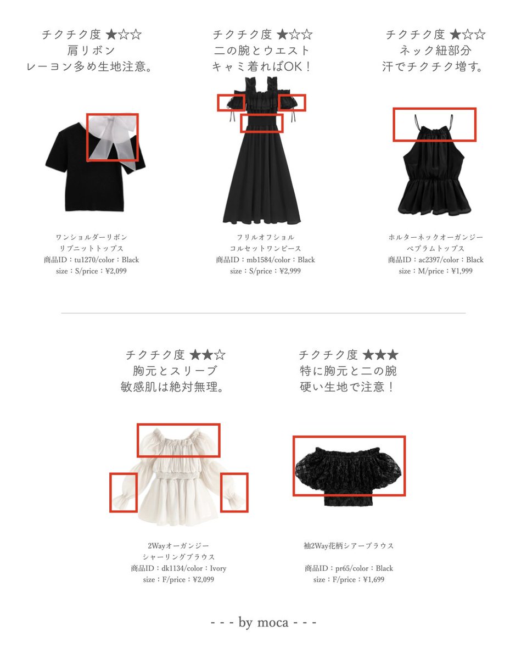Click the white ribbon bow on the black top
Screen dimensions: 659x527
pyautogui.click(x=113, y=137)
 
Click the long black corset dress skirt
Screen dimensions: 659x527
pyautogui.click(x=262, y=181)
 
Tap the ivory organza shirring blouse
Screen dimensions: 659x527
pyautogui.click(x=178, y=483)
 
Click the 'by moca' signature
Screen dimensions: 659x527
pyautogui.click(x=263, y=623)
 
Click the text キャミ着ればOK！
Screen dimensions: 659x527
pyautogui.click(x=262, y=66)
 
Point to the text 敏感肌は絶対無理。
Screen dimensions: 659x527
pyautogui.click(x=173, y=387)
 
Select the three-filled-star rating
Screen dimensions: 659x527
pyautogui.click(x=380, y=355)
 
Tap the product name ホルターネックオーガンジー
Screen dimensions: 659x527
pyautogui.click(x=435, y=237)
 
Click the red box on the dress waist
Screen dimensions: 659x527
pyautogui.click(x=262, y=123)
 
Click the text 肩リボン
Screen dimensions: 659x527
pyautogui.click(x=91, y=51)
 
